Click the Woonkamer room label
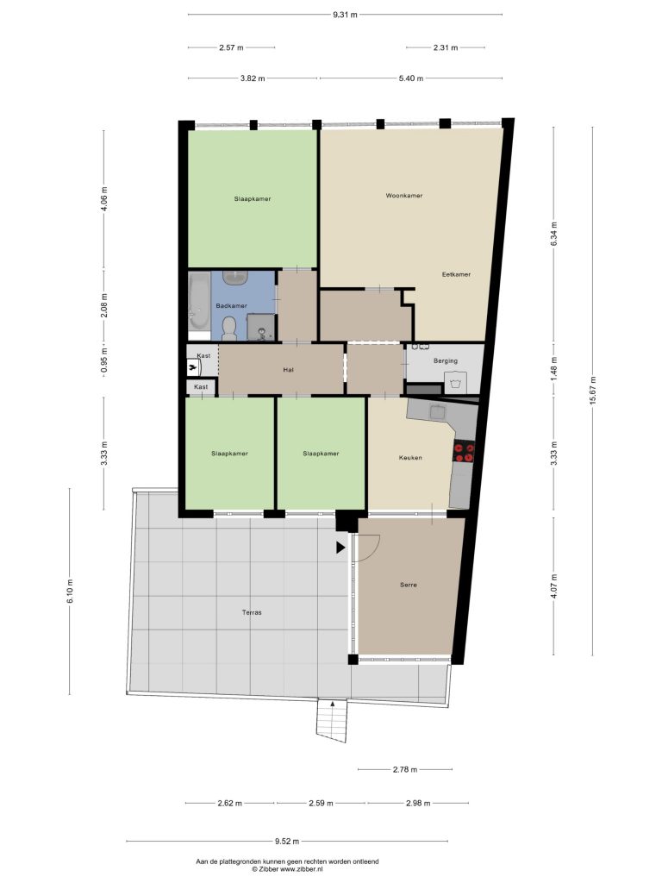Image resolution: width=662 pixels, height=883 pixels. (x=404, y=196)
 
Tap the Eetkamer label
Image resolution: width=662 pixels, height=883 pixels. (x=456, y=275)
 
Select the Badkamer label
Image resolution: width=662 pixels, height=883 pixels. (x=231, y=306)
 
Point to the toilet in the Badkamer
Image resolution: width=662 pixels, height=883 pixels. (x=229, y=329)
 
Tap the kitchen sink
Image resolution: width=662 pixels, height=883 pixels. (x=438, y=412)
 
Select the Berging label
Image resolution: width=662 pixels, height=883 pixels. (x=446, y=361)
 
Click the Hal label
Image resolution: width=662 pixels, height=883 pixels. (x=288, y=370)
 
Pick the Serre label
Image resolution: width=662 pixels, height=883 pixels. (x=409, y=586)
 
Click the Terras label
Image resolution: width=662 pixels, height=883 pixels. (x=252, y=613)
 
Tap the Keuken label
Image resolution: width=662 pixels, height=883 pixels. (x=410, y=458)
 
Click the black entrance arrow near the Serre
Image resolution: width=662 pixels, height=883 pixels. (x=340, y=548)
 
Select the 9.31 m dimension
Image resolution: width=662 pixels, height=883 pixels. (x=345, y=16)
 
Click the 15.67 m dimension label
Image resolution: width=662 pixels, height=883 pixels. (x=592, y=391)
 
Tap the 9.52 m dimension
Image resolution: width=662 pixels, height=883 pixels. (x=287, y=842)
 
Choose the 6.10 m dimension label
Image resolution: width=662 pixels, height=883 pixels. (x=70, y=592)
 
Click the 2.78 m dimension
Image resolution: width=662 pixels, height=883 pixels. (x=405, y=769)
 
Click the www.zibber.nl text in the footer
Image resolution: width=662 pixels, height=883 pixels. (x=302, y=869)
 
